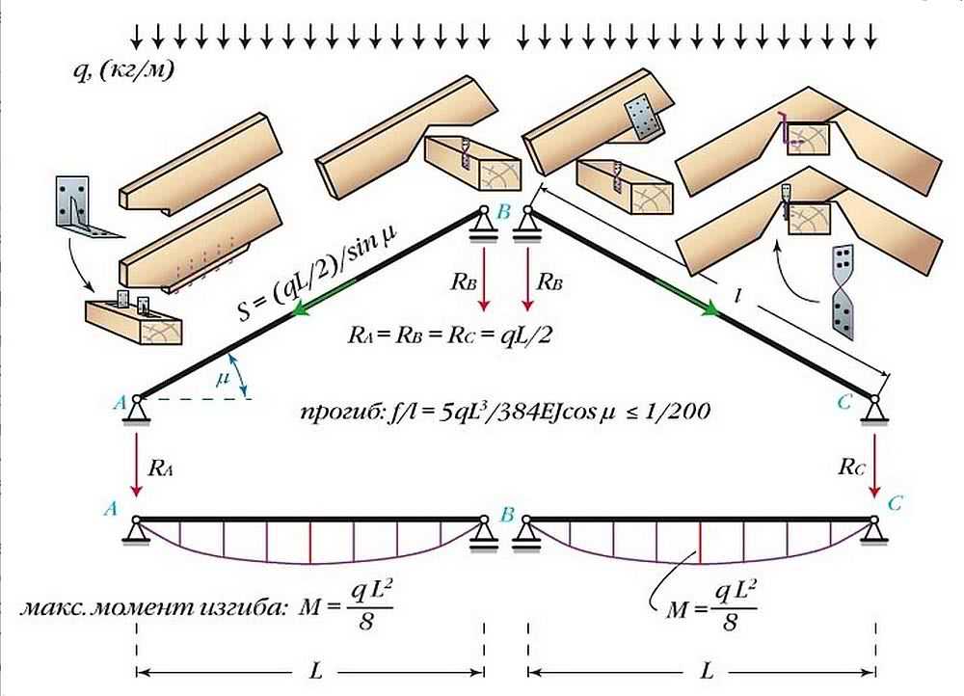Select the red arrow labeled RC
tap(874, 460)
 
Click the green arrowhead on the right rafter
tap(712, 308)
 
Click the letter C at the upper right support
tap(844, 403)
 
